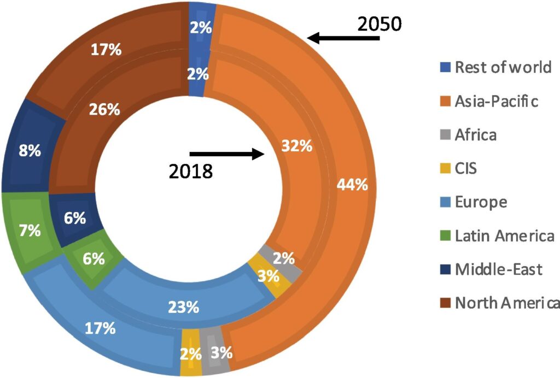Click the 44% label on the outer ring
[352, 185]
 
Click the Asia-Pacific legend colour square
[446, 101]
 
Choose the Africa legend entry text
[476, 134]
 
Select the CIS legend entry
[465, 168]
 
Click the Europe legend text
[481, 202]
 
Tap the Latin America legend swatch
[446, 236]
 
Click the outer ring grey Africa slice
[215, 353]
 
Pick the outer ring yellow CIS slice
[190, 354]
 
